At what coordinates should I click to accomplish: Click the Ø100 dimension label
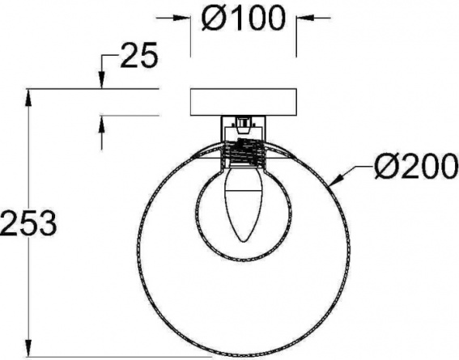243,18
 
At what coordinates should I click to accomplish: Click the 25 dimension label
139,55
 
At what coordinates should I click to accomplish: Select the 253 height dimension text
28,223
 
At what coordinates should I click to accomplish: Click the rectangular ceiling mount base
244,102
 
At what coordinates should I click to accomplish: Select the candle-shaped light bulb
243,203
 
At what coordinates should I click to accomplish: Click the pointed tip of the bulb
243,242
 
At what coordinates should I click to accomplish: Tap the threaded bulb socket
243,152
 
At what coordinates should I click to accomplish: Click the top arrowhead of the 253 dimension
28,97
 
